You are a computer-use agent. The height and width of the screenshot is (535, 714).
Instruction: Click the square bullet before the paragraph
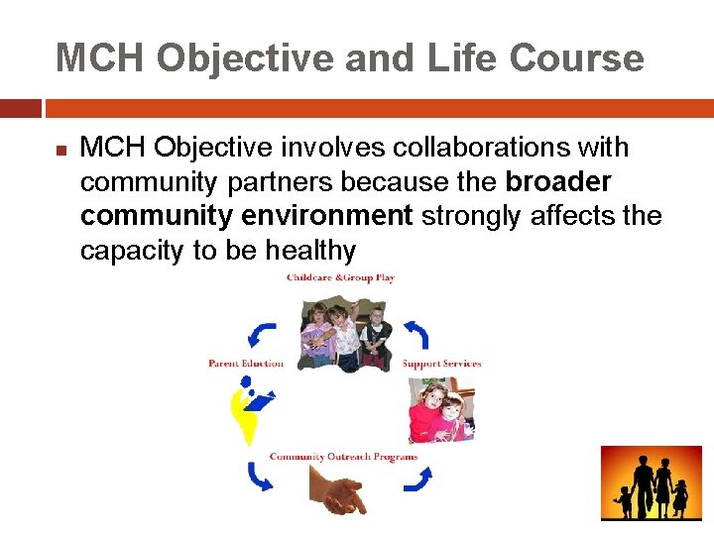point(60,152)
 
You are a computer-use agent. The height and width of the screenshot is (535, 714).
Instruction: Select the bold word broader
point(558,182)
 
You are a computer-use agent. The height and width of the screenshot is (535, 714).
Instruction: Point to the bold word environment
point(330,216)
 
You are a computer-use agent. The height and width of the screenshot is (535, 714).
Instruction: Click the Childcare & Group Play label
point(340,278)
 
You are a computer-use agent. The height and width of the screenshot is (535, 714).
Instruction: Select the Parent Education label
point(246,364)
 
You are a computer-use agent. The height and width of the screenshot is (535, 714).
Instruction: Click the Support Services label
point(441,364)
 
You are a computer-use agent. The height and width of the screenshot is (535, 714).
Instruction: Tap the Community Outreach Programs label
point(343,457)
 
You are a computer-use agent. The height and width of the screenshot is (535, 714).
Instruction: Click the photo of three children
point(346,334)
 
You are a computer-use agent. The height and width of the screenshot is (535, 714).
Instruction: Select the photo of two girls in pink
point(440,410)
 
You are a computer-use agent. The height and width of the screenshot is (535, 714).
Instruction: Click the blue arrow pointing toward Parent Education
point(263,334)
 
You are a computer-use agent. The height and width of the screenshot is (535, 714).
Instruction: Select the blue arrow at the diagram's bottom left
point(261,479)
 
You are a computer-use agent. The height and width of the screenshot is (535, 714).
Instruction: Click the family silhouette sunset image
point(650,483)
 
